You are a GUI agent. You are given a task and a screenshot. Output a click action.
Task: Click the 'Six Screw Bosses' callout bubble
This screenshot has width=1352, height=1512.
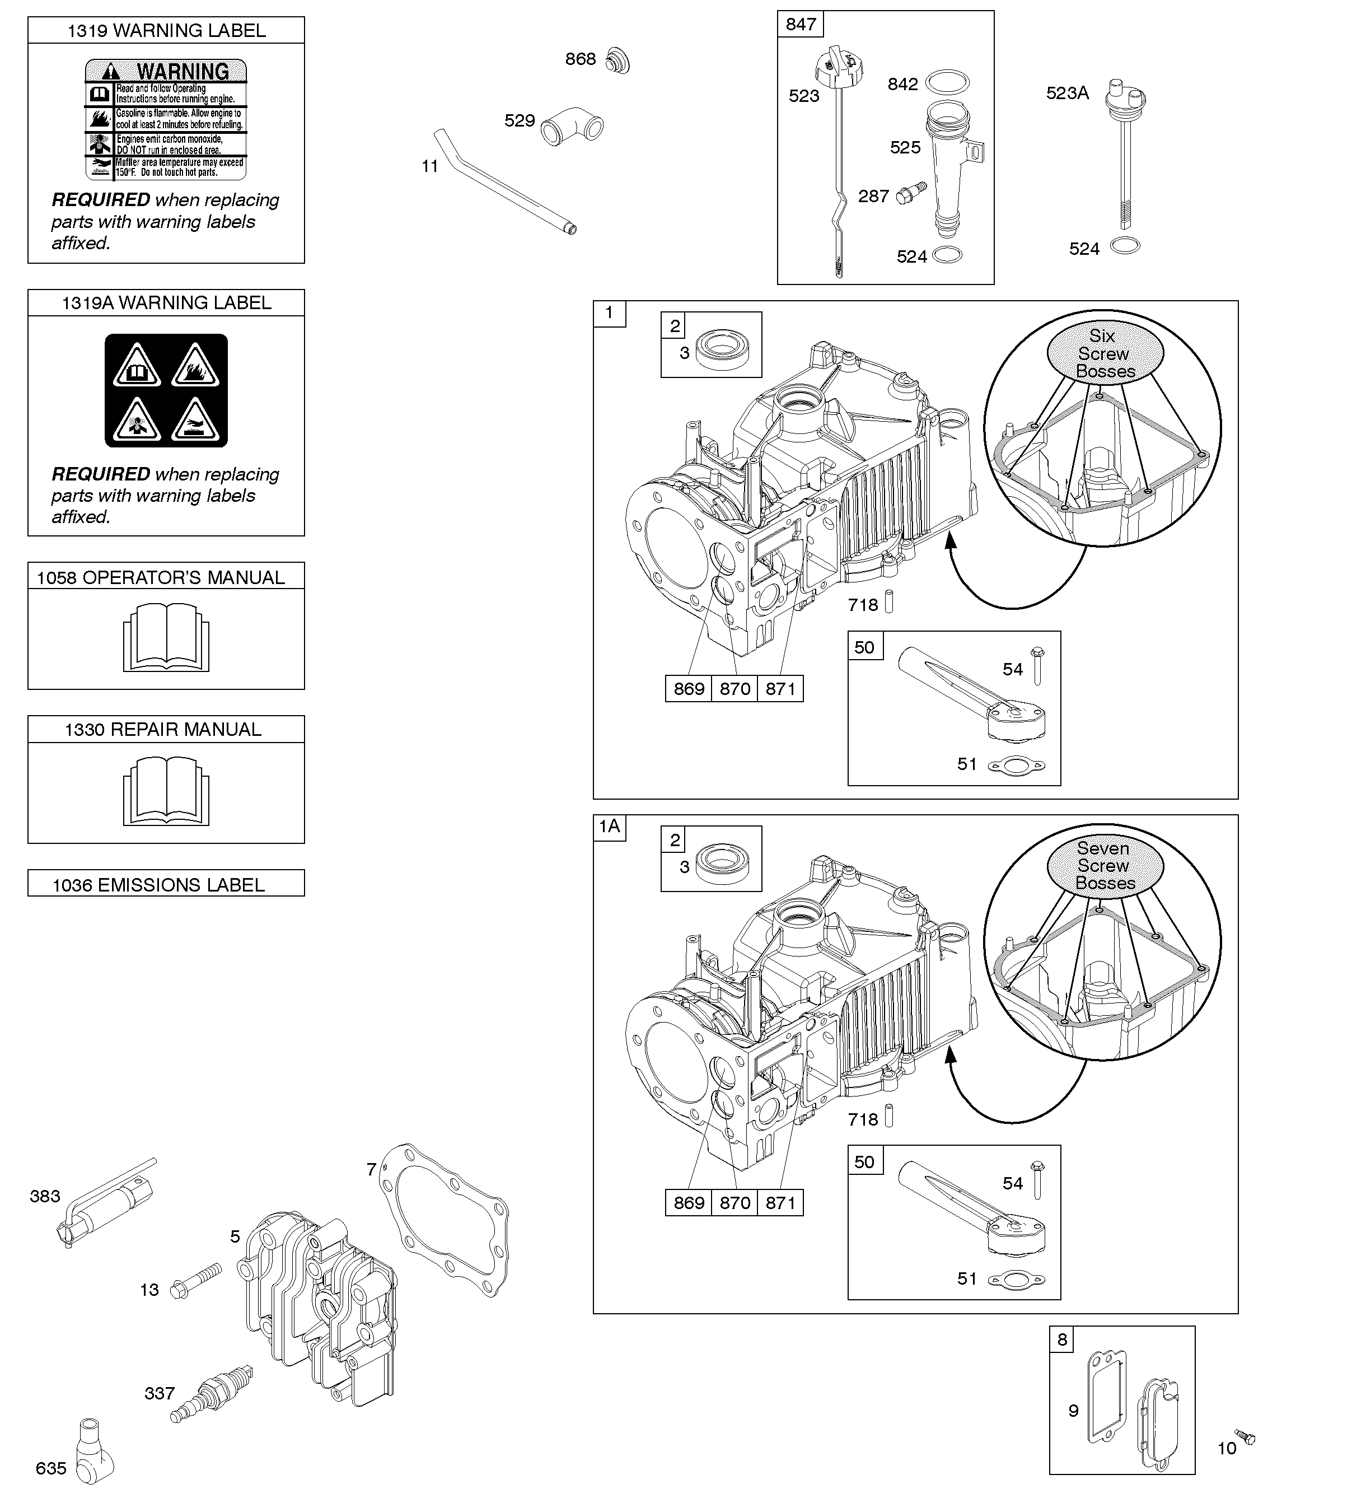[x=1105, y=354]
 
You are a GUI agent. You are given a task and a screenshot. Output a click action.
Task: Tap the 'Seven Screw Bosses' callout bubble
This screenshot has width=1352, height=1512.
[x=1105, y=866]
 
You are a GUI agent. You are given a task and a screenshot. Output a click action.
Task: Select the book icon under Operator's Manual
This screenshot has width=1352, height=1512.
[x=166, y=637]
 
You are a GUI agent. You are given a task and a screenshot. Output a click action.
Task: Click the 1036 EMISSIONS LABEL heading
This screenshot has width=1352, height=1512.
[x=158, y=884]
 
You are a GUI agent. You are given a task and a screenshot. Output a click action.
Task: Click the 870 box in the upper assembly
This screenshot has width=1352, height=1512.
[x=735, y=689]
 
